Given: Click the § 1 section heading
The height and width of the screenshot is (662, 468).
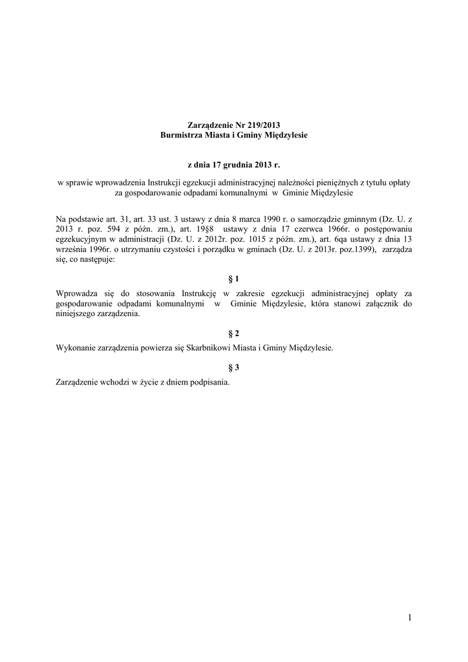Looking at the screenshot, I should point(234,279).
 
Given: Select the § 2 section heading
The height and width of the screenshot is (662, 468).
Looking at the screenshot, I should point(234,333).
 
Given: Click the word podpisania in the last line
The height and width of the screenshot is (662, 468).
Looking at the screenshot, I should point(207,382).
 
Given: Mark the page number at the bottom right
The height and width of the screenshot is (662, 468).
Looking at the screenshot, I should point(409,618).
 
